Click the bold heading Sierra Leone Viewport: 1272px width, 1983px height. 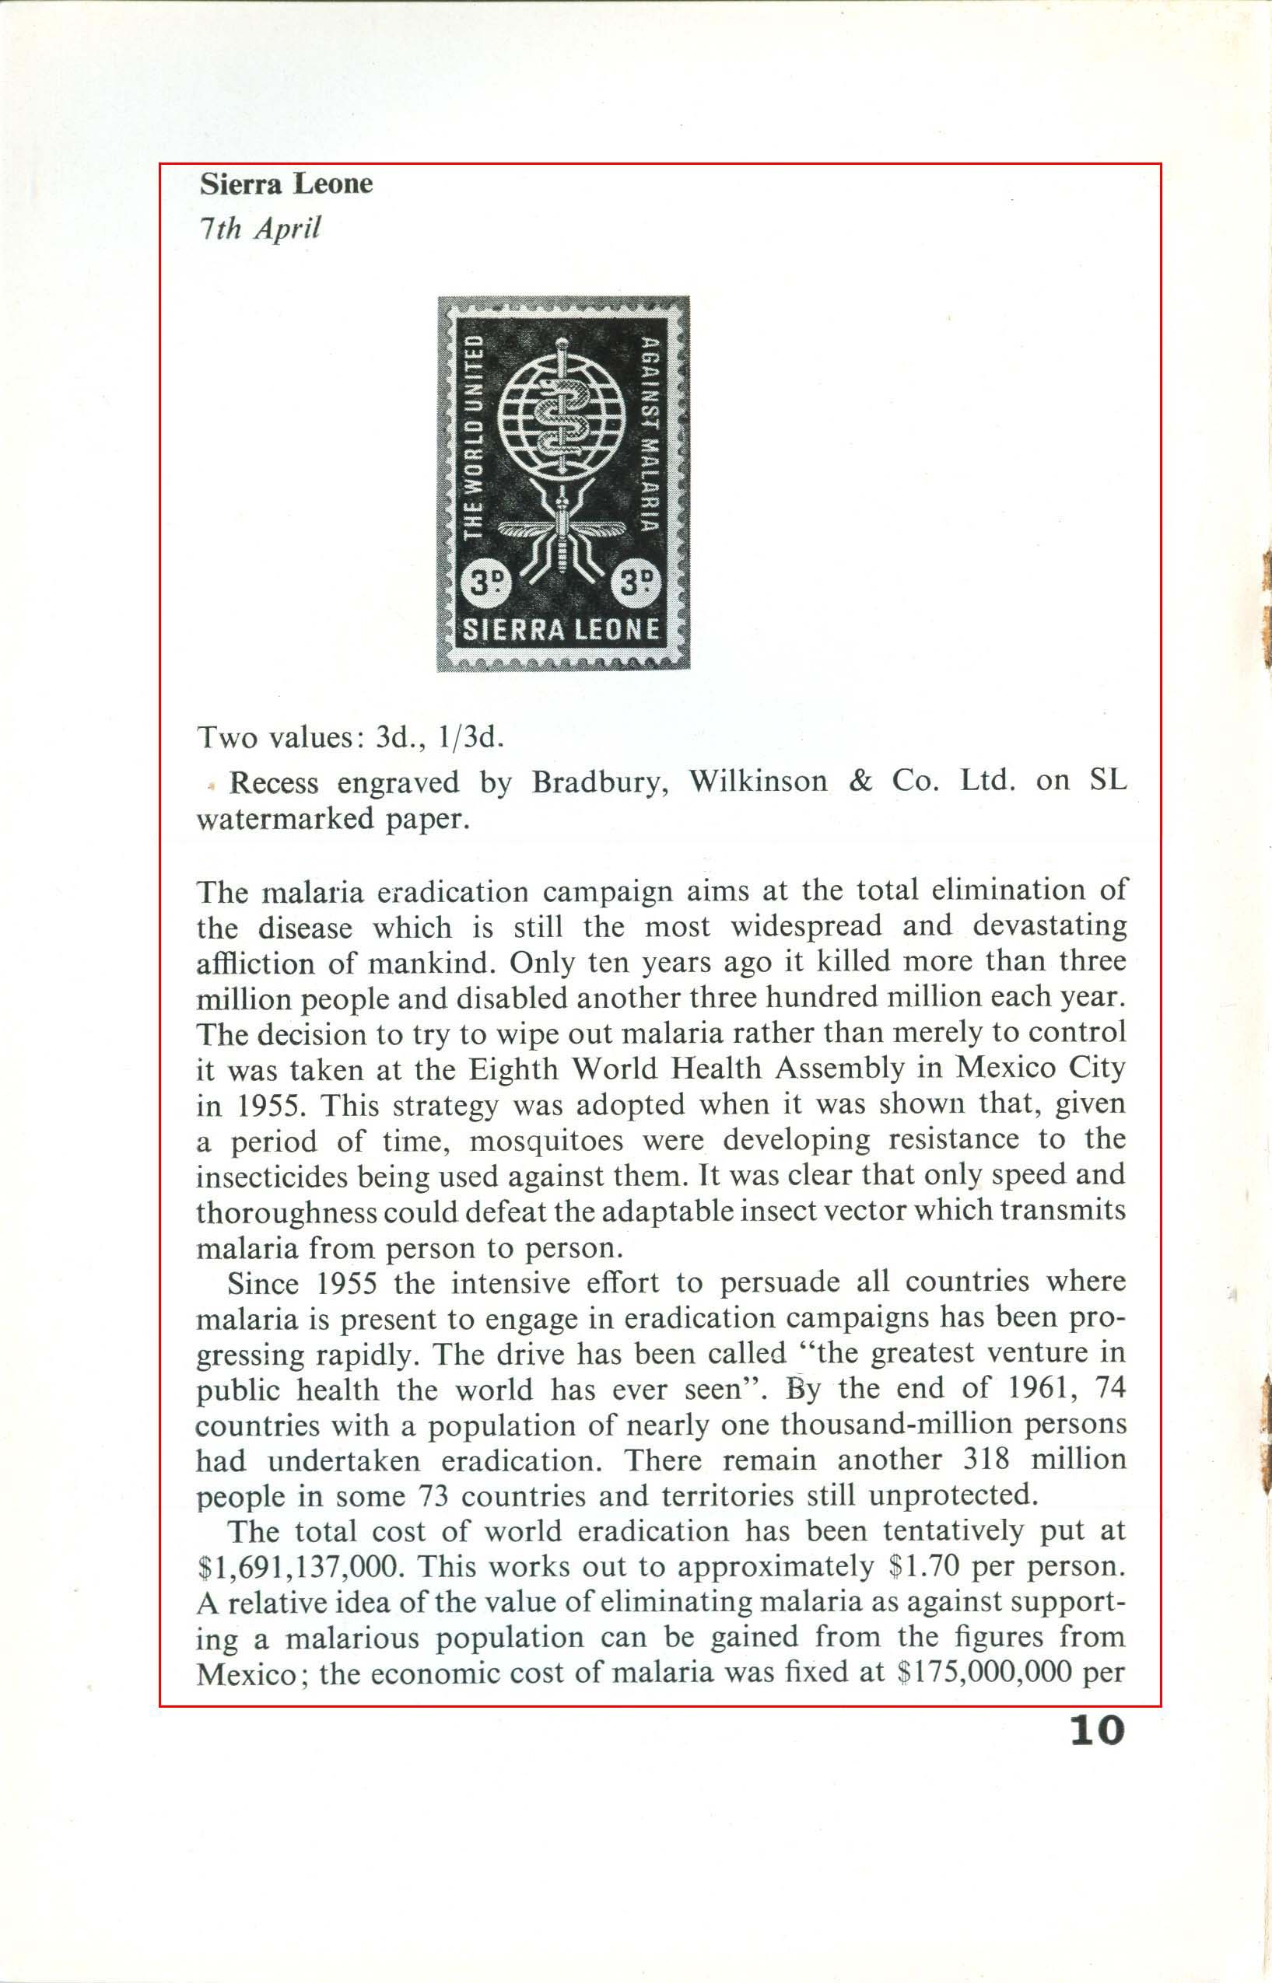pyautogui.click(x=286, y=184)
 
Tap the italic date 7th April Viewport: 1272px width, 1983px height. pyautogui.click(x=259, y=228)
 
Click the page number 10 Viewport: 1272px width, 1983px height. pyautogui.click(x=1097, y=1729)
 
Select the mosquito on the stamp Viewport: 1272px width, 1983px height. pyautogui.click(x=562, y=537)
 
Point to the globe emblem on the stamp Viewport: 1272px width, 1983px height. pyautogui.click(x=562, y=411)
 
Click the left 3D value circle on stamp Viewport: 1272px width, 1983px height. pyautogui.click(x=486, y=583)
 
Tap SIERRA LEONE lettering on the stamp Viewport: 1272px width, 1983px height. pyautogui.click(x=562, y=630)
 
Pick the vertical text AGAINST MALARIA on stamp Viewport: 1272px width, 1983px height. pyautogui.click(x=650, y=434)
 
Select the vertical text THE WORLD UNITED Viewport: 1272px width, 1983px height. pyautogui.click(x=473, y=437)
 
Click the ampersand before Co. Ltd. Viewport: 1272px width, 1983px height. pyautogui.click(x=860, y=781)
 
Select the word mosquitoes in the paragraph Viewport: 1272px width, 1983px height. pyautogui.click(x=546, y=1141)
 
